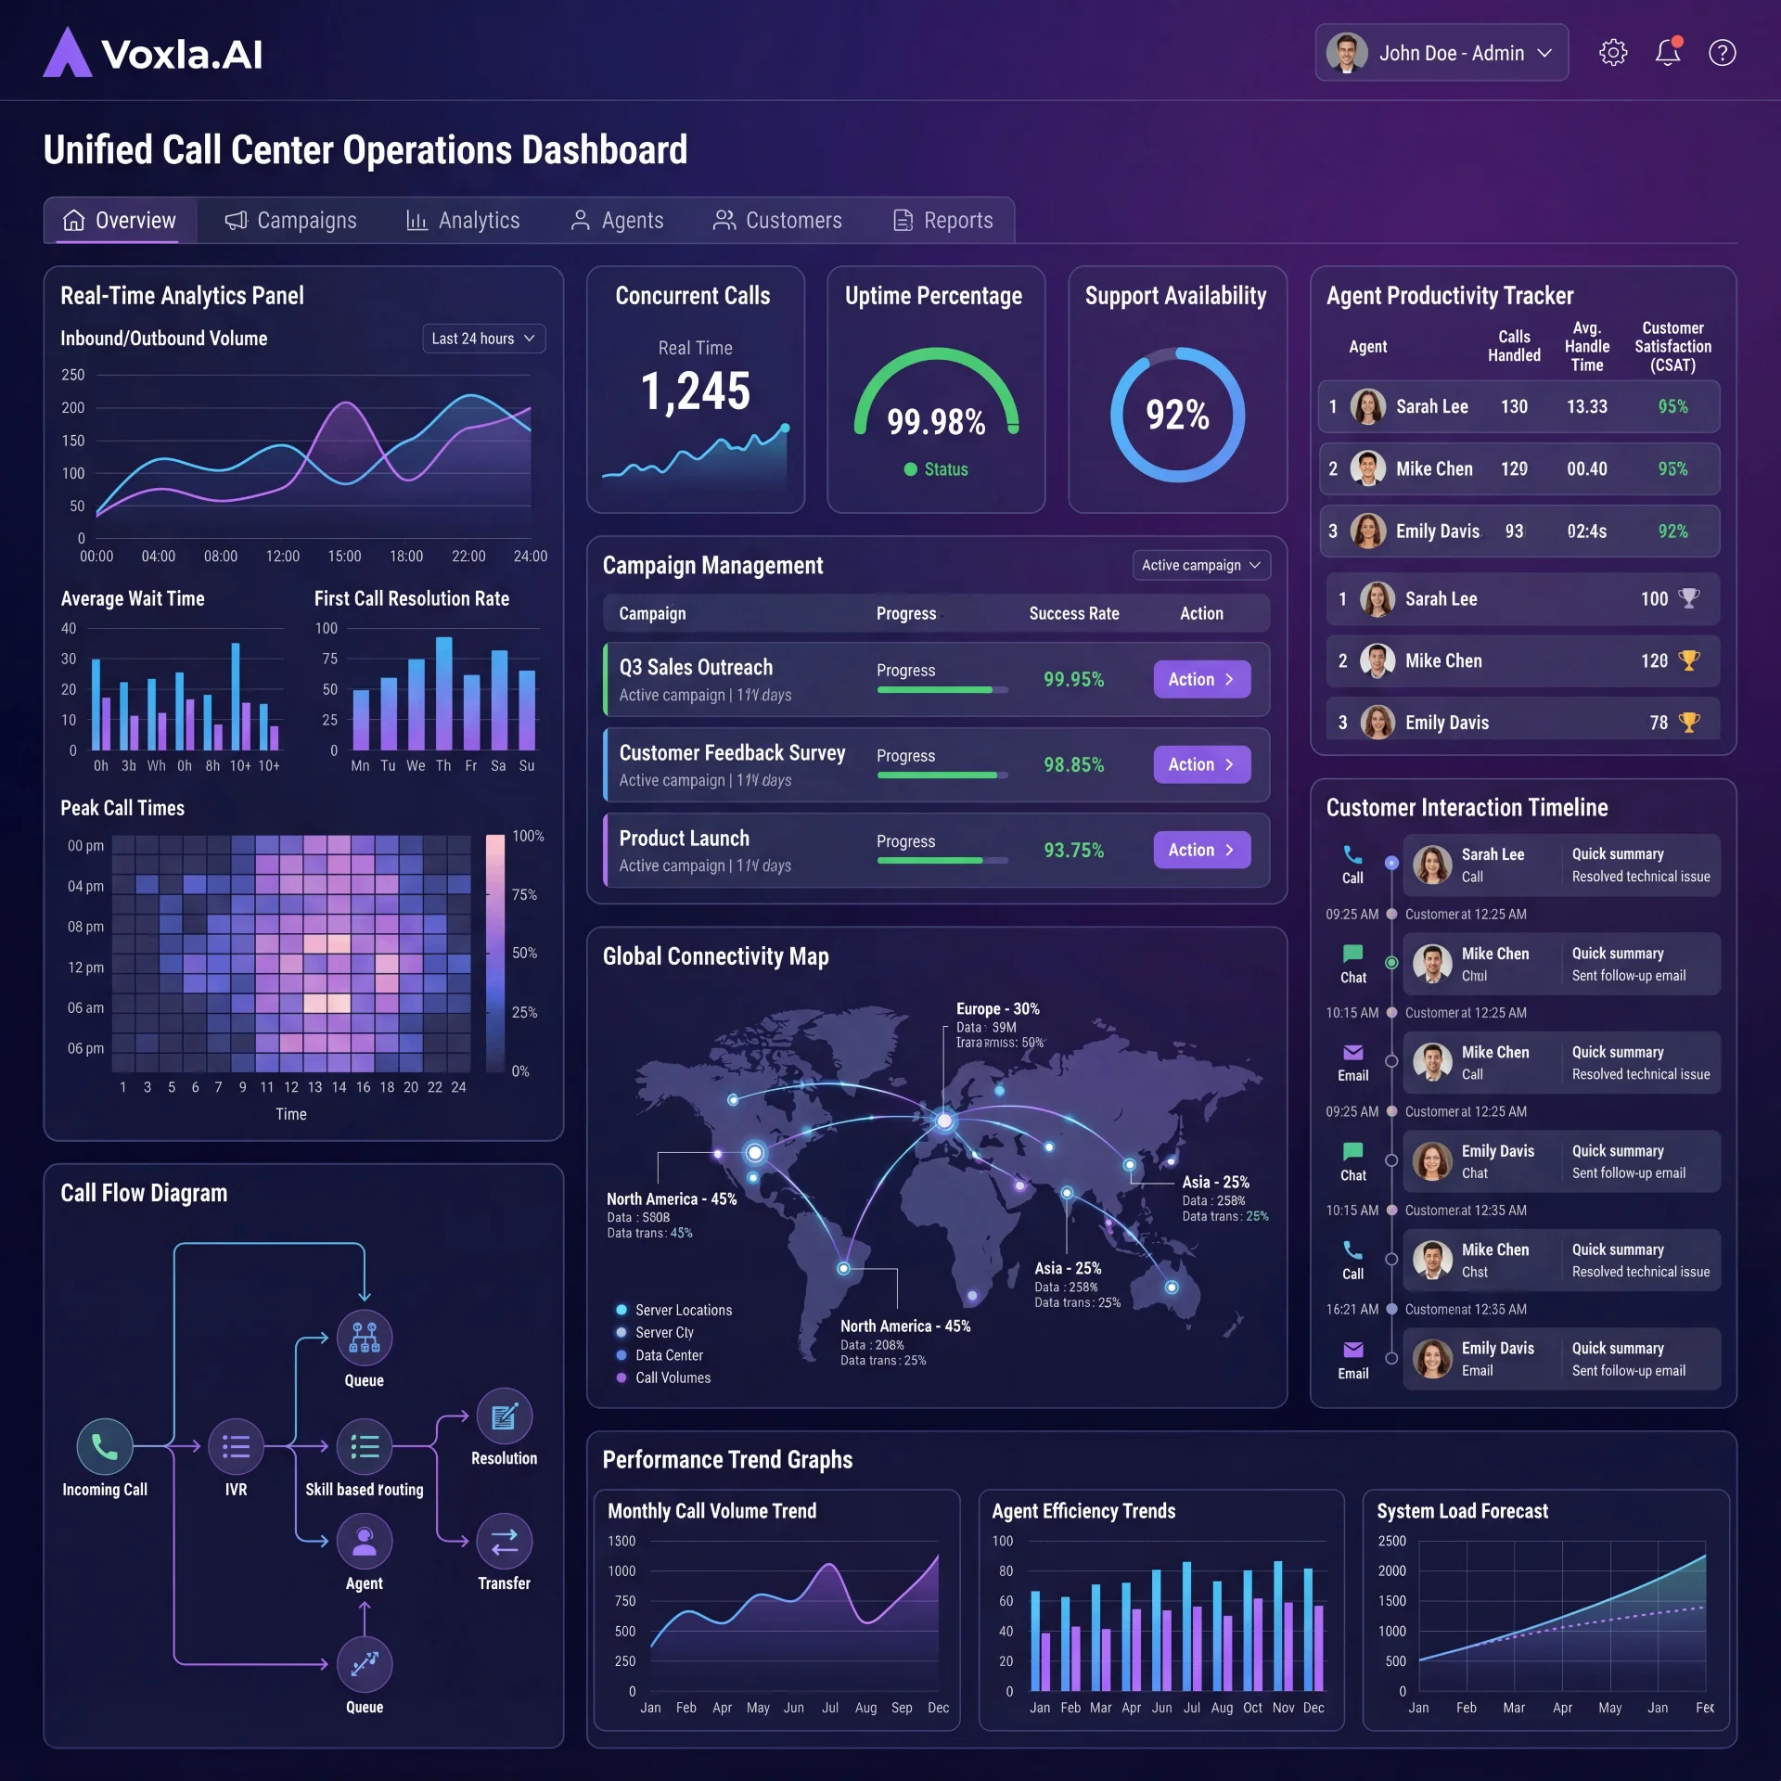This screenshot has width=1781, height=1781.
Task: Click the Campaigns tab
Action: [290, 221]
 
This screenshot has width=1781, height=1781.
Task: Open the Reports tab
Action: [942, 221]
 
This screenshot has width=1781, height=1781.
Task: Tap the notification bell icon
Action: [1668, 53]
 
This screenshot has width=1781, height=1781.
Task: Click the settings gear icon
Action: [1613, 53]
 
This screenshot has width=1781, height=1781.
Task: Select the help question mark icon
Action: [1723, 53]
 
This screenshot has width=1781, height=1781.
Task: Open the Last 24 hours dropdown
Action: [483, 339]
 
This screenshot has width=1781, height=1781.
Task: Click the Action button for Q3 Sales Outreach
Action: [1201, 679]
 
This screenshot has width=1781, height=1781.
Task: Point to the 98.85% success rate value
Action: [1073, 765]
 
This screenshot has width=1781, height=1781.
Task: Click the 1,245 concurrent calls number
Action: [696, 391]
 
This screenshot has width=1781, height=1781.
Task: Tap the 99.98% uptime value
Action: [936, 422]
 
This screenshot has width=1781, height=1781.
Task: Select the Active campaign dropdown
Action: [1200, 565]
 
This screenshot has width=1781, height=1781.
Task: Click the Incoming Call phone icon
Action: [105, 1446]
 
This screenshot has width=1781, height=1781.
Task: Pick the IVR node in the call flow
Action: [236, 1446]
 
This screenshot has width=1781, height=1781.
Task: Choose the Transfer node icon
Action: [504, 1541]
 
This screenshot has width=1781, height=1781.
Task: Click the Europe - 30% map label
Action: [997, 1008]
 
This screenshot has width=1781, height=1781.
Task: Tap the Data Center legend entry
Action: [668, 1355]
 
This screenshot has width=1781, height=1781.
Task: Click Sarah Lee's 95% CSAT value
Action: [1672, 406]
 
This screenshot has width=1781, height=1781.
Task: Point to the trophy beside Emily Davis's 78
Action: [1689, 722]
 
